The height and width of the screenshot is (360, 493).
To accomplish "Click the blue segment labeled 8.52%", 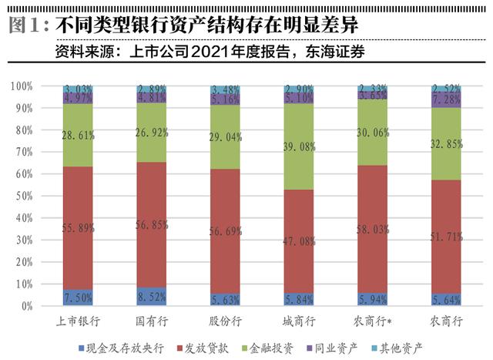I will click(x=151, y=296).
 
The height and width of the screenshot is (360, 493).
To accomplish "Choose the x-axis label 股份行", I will click(x=224, y=319).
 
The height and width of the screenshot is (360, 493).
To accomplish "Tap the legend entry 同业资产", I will click(x=343, y=345).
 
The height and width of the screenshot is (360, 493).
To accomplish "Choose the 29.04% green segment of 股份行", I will click(x=224, y=136).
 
